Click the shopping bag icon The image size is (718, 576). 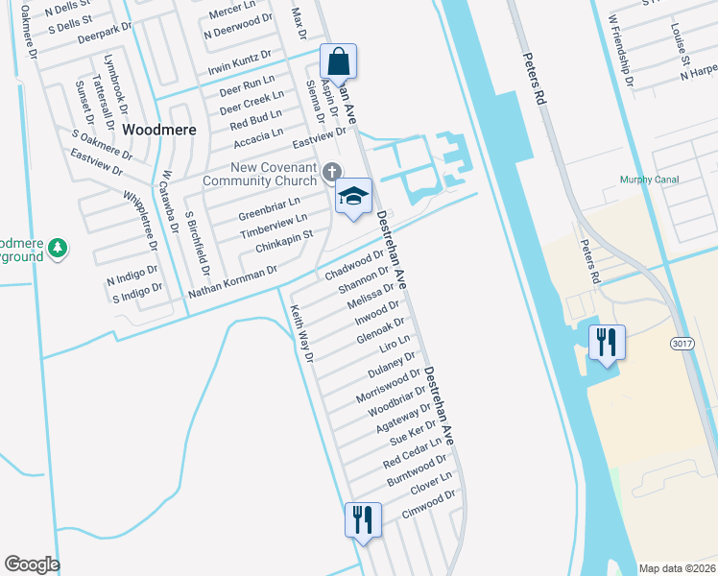point(338,62)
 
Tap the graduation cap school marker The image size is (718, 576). point(352,197)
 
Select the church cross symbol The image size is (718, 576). point(331,172)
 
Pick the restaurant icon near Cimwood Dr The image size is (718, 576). point(363,520)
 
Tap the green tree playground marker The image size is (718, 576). point(58,248)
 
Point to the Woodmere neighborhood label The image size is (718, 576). point(158,129)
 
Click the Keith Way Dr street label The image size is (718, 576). point(302,333)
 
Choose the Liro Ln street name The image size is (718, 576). point(395,343)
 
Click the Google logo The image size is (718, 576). point(32,564)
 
